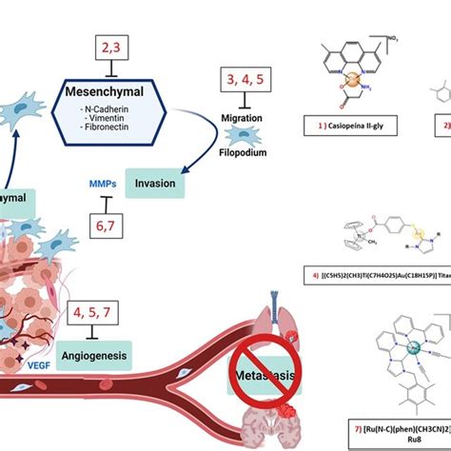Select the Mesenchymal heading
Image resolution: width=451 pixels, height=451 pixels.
(118, 94)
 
